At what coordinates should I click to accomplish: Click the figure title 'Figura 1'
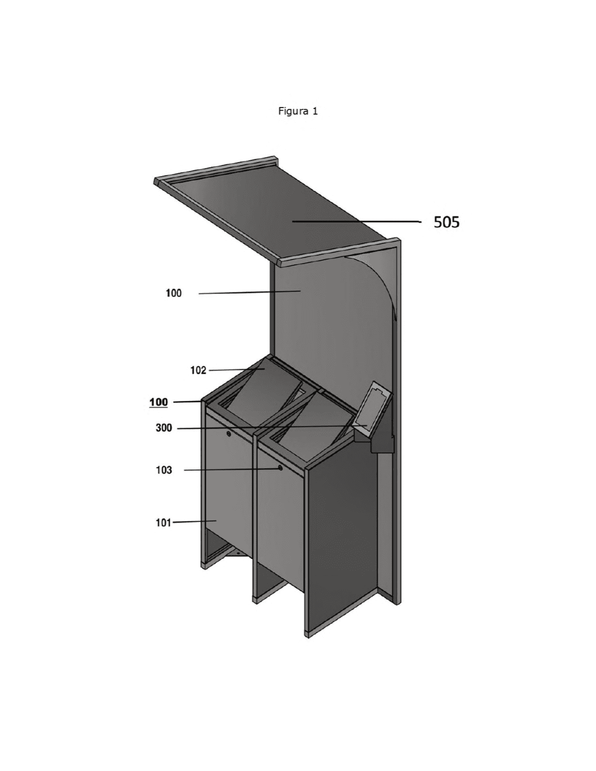point(297,112)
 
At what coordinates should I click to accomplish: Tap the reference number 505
point(446,222)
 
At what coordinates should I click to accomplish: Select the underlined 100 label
point(159,402)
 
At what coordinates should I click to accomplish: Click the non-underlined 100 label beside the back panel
point(173,293)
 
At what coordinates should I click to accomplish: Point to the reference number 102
point(198,371)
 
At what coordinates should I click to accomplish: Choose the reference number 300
point(164,428)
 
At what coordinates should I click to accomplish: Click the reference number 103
point(164,470)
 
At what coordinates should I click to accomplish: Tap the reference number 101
point(163,523)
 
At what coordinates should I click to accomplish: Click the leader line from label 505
point(357,222)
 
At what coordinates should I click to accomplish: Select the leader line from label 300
point(272,427)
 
